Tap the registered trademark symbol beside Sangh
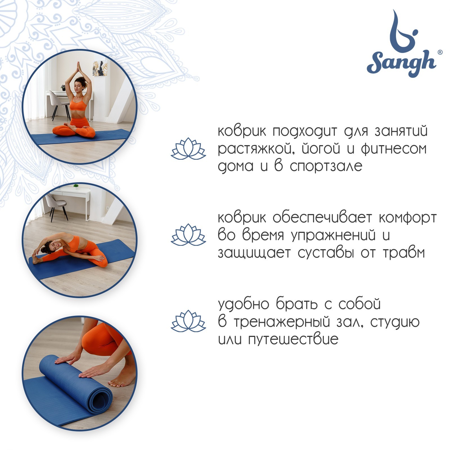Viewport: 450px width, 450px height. click(x=440, y=52)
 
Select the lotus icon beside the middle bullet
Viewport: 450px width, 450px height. click(x=188, y=235)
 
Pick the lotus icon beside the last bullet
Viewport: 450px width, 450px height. click(x=188, y=321)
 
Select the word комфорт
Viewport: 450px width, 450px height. click(x=408, y=218)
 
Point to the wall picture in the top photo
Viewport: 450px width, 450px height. click(x=100, y=68)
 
